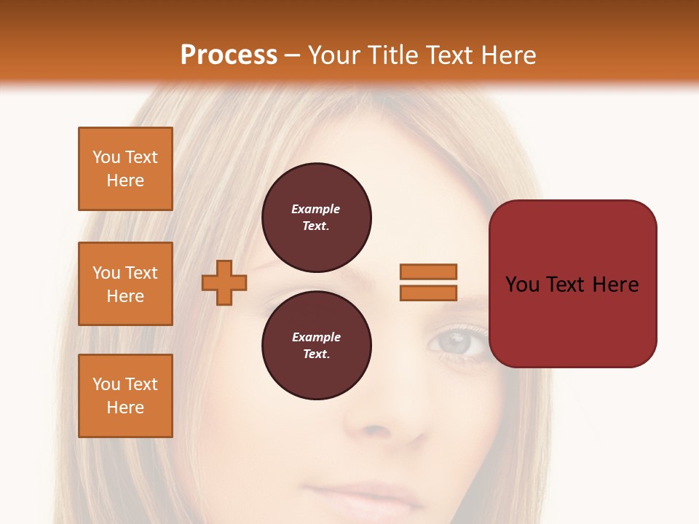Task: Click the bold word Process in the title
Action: pyautogui.click(x=229, y=55)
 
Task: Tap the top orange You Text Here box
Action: pyautogui.click(x=125, y=169)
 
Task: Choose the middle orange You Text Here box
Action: pyautogui.click(x=125, y=284)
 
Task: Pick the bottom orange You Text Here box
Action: pyautogui.click(x=125, y=396)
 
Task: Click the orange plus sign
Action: pyautogui.click(x=224, y=282)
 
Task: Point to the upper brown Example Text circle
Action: pyautogui.click(x=317, y=218)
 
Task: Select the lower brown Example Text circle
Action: pyautogui.click(x=317, y=346)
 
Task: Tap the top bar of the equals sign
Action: pyautogui.click(x=428, y=272)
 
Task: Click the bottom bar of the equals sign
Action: pyautogui.click(x=428, y=293)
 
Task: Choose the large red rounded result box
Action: pyautogui.click(x=572, y=283)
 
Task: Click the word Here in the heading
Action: pyautogui.click(x=508, y=55)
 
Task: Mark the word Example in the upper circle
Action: pyautogui.click(x=316, y=209)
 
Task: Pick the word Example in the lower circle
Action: pyautogui.click(x=316, y=337)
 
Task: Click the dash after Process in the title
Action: pyautogui.click(x=292, y=55)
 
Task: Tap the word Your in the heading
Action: pyautogui.click(x=334, y=55)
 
